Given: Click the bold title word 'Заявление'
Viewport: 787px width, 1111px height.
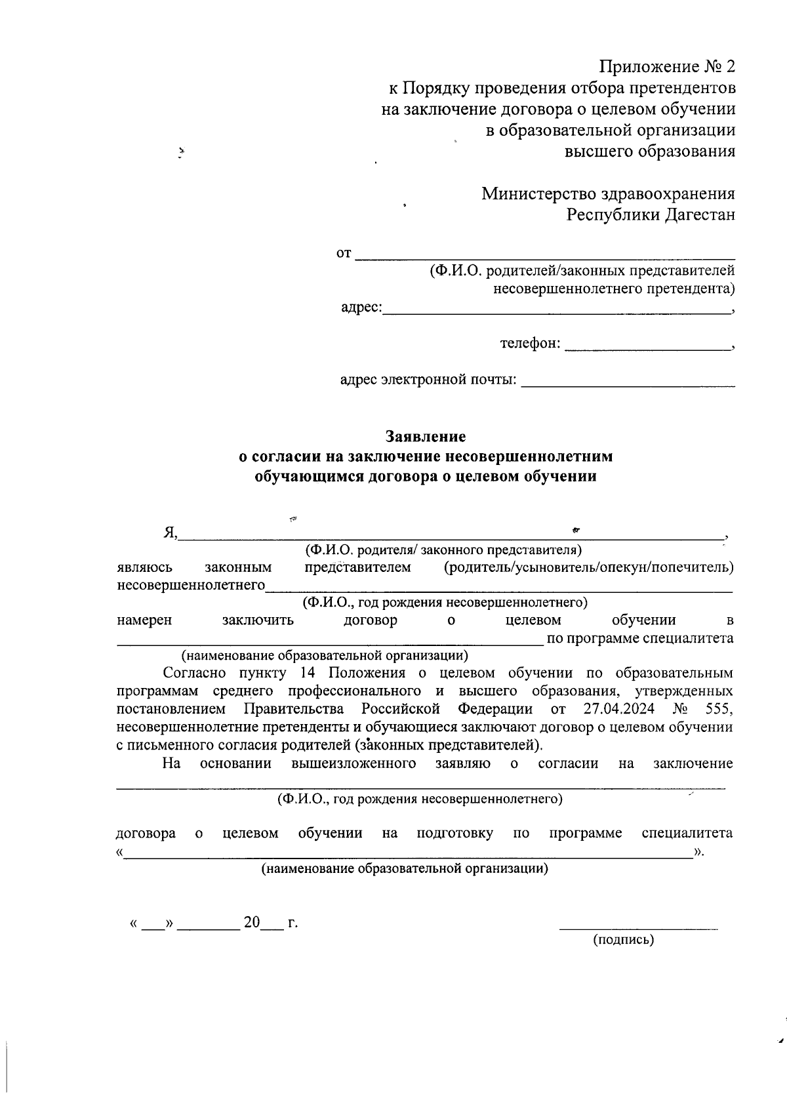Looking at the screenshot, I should coord(426,436).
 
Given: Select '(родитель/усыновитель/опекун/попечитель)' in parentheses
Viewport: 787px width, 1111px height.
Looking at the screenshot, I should coord(588,567).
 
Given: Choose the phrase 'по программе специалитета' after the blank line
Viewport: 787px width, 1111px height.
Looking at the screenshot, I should coord(639,638).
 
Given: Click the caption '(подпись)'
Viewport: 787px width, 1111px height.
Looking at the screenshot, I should coord(623,940).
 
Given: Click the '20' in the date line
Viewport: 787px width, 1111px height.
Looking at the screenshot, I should coord(252,923).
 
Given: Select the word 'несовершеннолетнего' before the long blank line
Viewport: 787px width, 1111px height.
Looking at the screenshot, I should coord(191,584).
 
